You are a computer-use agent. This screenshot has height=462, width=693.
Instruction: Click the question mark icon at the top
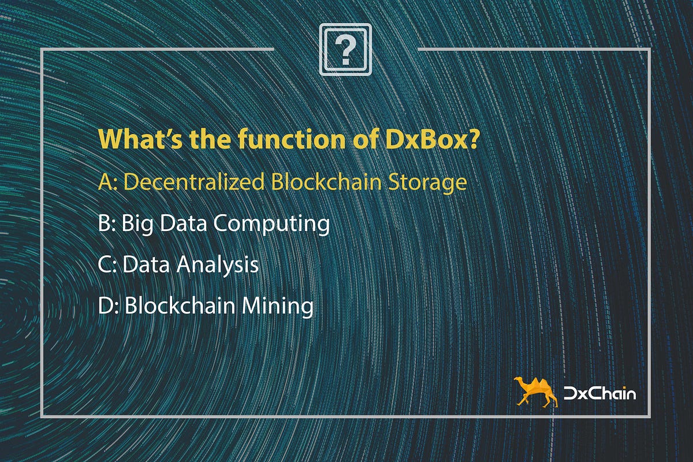point(345,50)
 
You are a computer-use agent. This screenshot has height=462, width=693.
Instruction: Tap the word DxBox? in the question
point(432,139)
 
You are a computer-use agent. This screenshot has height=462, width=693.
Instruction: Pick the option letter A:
point(107,182)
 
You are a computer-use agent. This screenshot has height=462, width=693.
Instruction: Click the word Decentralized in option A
point(194,182)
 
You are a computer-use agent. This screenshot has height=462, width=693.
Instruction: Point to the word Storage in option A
point(427,183)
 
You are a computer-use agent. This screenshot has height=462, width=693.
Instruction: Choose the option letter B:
point(107,223)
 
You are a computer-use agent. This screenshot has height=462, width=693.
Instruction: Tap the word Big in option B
point(137,224)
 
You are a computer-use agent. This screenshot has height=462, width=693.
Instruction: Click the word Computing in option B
point(271,224)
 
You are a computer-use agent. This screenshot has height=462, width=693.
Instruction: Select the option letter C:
point(107,264)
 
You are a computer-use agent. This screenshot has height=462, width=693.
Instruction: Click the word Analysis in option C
point(217,265)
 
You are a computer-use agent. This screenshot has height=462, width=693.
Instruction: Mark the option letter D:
point(109,305)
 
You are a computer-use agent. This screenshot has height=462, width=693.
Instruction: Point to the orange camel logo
point(535,392)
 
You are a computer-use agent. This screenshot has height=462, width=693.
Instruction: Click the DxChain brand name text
point(599,393)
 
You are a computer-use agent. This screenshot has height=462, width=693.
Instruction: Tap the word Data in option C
point(146,264)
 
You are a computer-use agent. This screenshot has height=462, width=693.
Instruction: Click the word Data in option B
point(184,223)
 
